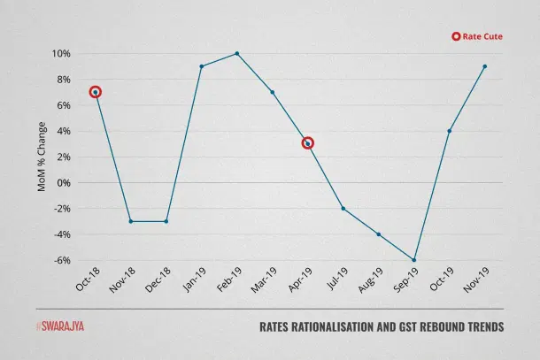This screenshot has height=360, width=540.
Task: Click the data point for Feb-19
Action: pos(237,53)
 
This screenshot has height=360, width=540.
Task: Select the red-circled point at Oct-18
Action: pos(96,92)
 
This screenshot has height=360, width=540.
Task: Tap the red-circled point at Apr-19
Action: pos(308,143)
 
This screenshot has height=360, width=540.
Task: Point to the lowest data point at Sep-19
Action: pos(414,260)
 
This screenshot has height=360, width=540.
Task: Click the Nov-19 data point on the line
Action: pos(485,66)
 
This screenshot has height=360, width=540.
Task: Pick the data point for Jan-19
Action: pos(202,66)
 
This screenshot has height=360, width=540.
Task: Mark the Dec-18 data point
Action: pos(166,221)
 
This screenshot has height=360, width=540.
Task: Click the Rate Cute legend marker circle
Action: pos(456,36)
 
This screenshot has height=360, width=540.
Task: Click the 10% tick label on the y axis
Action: pos(59,54)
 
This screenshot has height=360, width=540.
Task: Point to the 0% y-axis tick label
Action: pos(62,183)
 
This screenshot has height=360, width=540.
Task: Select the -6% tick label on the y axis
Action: pos(59,261)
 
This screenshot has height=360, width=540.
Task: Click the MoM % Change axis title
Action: pos(41,157)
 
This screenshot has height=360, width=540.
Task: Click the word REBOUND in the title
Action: pos(419,327)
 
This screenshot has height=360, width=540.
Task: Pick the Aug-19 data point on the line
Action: pos(379,234)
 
